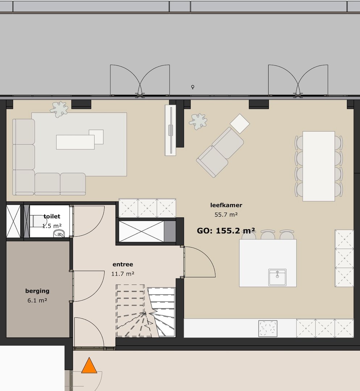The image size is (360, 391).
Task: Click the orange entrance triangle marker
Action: coord(89,366)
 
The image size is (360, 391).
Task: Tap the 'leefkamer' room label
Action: coord(226,205)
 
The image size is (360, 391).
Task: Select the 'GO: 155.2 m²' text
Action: coord(226,231)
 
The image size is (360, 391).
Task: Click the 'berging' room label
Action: coord(37,291)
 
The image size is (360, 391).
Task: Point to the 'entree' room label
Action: coord(123,264)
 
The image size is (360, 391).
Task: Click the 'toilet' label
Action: coord(52,216)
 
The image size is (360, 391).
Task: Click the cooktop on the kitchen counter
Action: coord(268,328)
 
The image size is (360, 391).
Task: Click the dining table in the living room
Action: coord(319,166)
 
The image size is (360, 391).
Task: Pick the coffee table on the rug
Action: coord(75,142)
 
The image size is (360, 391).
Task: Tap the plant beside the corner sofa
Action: coord(59,109)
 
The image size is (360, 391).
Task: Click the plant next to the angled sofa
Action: coord(198,121)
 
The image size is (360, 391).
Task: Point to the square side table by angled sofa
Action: coord(240,123)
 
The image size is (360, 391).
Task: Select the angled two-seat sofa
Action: coord(220,152)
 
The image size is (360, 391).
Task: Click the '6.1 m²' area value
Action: coord(37,300)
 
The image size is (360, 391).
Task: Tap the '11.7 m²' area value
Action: coord(123,274)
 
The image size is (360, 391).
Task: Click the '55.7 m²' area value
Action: coord(226,214)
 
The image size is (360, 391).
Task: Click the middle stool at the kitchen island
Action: coord(268,235)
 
